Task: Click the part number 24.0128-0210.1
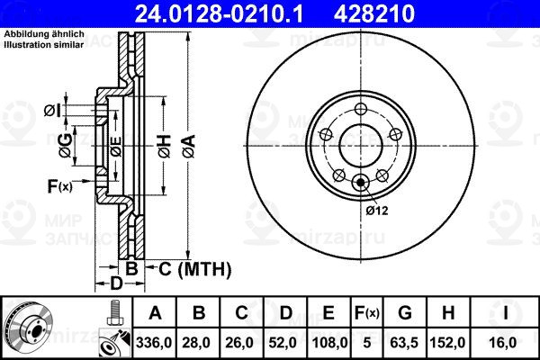(x=219, y=13)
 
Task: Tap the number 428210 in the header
(x=374, y=13)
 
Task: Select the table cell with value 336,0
(x=154, y=343)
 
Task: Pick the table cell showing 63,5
(x=404, y=343)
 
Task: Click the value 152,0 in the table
(x=447, y=343)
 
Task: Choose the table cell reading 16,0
(x=505, y=343)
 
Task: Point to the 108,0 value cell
(x=328, y=343)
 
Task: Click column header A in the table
(x=155, y=312)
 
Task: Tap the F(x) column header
(x=367, y=312)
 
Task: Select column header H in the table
(x=447, y=312)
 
